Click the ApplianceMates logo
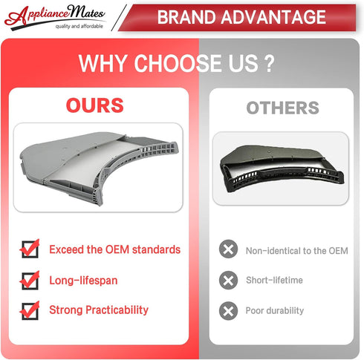coord(55,17)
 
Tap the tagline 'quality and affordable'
coord(79,26)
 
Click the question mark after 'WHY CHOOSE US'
coord(269,64)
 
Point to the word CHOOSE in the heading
coord(177,63)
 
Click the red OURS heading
coord(95,105)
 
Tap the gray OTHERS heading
coord(282,108)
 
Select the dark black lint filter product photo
coord(282,168)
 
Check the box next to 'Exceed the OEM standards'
coord(30,249)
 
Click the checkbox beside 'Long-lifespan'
coord(30,280)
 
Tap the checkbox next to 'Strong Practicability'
coord(30,310)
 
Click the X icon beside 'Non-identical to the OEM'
coord(228,249)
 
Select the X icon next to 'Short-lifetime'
coord(228,280)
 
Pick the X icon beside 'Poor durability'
coord(228,311)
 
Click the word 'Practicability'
coord(117,310)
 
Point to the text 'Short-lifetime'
coord(274,280)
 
